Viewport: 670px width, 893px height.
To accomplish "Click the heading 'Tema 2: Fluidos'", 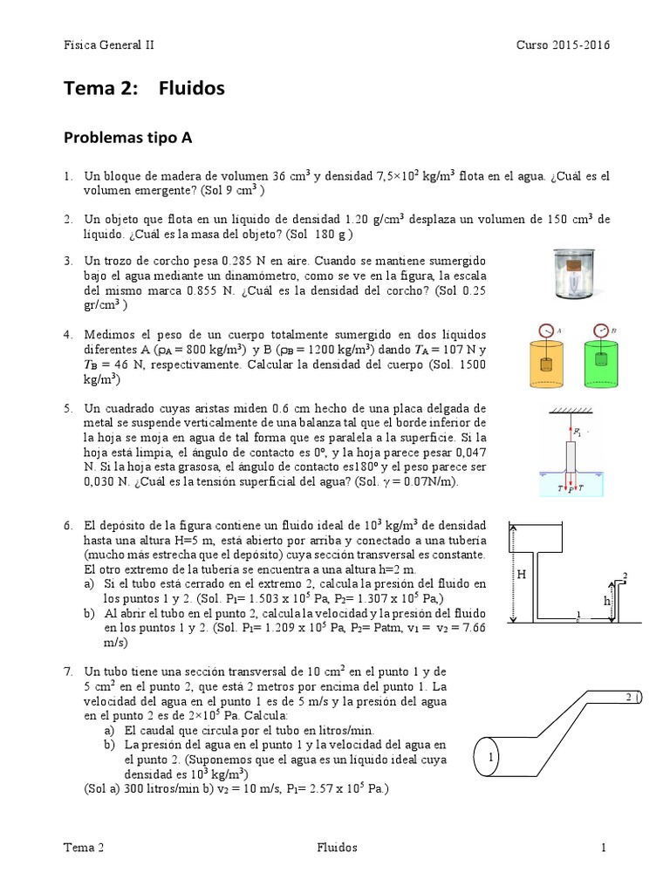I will tap(144, 88).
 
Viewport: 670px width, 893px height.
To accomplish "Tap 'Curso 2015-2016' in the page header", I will tap(563, 46).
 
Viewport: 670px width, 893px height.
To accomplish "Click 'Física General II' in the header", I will tap(109, 46).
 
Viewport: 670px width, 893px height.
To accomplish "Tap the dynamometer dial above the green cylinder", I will tap(600, 331).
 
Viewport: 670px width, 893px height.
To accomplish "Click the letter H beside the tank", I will tap(521, 574).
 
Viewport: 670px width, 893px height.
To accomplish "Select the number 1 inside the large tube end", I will tap(491, 757).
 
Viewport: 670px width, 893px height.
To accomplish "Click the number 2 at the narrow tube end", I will tap(629, 698).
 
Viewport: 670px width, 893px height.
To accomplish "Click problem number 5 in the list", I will tap(67, 408).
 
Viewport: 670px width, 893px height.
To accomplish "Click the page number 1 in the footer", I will tap(602, 848).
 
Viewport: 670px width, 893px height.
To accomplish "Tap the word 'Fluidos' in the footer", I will tap(335, 848).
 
